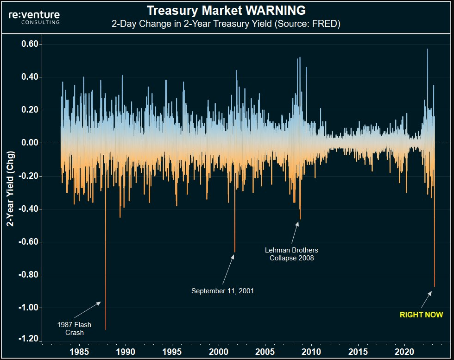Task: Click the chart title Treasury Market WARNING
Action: point(226,10)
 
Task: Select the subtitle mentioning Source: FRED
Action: point(226,24)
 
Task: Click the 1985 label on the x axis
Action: point(79,352)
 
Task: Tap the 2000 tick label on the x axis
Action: point(219,352)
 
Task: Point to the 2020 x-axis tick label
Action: point(405,352)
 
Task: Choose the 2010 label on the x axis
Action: point(312,352)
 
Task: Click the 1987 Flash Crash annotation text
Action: point(74,328)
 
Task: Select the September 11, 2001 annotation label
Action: point(222,291)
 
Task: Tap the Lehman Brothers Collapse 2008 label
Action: point(291,254)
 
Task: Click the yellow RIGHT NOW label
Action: point(421,315)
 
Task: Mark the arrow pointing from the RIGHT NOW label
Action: point(427,299)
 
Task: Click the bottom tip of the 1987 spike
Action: point(106,329)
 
